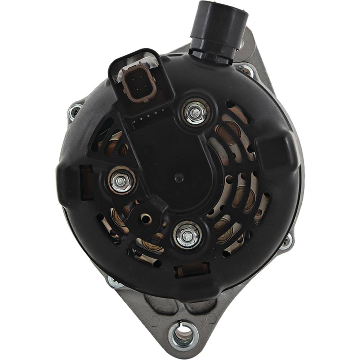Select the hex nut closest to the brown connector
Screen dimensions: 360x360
pyautogui.click(x=195, y=112)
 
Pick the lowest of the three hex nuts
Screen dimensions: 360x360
pyautogui.click(x=187, y=235)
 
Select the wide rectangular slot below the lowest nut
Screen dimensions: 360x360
pyautogui.click(x=192, y=270)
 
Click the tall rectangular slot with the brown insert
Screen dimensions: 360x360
pyautogui.click(x=87, y=182)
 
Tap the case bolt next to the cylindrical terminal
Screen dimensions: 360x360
pyautogui.click(x=246, y=70)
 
